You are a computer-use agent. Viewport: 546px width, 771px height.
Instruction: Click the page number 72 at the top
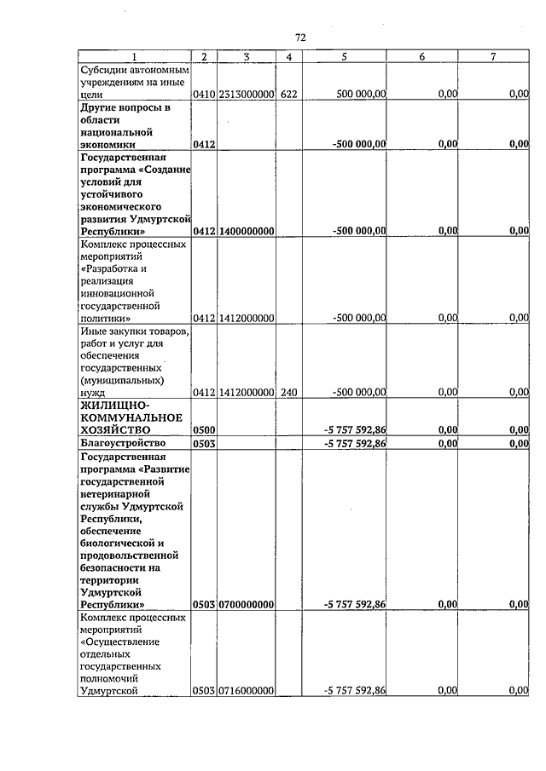300,37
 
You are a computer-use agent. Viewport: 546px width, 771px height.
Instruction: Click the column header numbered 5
344,56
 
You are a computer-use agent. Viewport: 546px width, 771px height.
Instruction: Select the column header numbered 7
493,56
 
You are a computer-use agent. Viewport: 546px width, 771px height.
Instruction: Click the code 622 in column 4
288,95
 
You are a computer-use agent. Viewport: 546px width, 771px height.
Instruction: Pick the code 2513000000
246,95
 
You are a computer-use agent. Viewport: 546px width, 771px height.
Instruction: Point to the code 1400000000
246,231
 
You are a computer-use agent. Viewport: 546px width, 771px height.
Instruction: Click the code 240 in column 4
288,392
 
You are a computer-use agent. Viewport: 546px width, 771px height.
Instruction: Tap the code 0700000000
246,604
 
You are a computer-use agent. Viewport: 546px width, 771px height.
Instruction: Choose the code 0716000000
246,691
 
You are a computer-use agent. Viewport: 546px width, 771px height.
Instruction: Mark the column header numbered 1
133,56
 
